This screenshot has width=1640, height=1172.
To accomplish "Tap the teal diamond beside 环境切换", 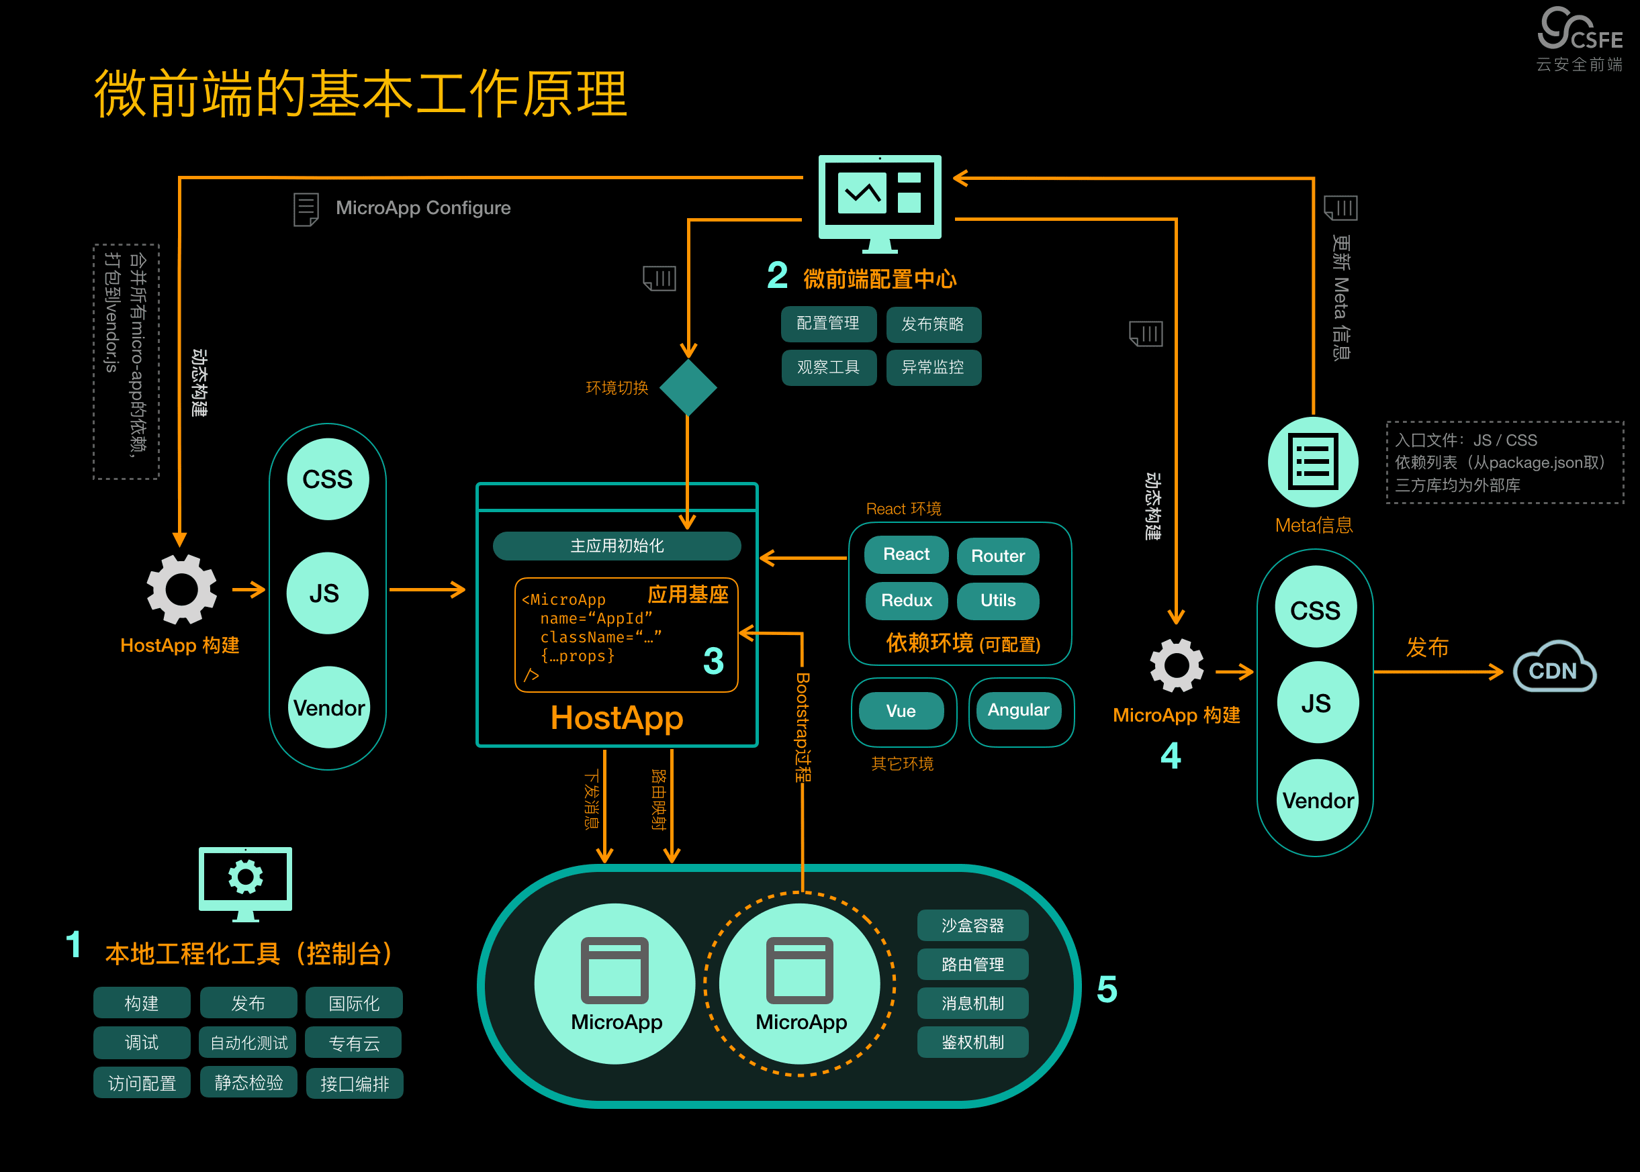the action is click(x=688, y=387).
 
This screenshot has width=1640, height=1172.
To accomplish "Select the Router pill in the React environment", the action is click(x=997, y=556).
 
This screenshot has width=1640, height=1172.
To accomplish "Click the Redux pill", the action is click(x=907, y=601).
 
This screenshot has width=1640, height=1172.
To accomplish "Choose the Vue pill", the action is click(x=901, y=711).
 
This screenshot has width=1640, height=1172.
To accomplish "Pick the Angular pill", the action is click(x=1019, y=710).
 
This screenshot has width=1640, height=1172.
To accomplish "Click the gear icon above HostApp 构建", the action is click(x=181, y=589).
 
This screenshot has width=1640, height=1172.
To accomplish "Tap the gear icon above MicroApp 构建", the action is click(x=1177, y=665).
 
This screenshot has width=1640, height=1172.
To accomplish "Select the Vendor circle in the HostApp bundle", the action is click(x=328, y=707).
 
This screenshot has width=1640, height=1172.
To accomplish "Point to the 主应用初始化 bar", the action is click(x=617, y=546).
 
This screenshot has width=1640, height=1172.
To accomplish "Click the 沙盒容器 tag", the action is click(x=972, y=925).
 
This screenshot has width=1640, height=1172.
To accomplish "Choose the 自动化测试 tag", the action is click(x=248, y=1043).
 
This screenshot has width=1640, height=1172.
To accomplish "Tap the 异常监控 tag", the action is click(x=933, y=367).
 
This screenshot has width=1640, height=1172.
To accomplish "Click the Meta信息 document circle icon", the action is click(x=1313, y=462).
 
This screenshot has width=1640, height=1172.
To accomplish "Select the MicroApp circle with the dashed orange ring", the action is click(x=801, y=983).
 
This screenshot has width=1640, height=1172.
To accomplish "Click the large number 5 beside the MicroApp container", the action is click(x=1107, y=989).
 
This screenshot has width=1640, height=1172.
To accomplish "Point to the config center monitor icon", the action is click(x=880, y=203).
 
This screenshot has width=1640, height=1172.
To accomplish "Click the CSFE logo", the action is click(x=1580, y=39).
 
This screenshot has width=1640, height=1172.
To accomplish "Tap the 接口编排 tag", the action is click(x=355, y=1083).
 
